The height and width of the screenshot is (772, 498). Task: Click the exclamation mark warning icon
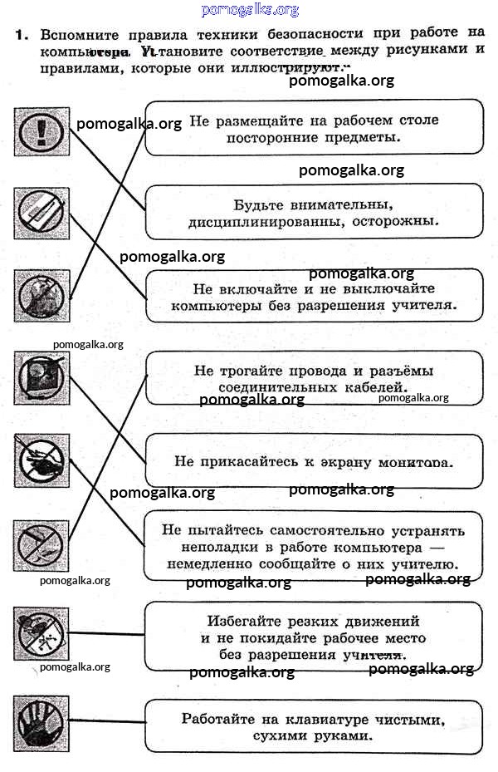pyautogui.click(x=39, y=130)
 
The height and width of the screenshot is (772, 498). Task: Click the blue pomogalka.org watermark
pyautogui.click(x=250, y=10)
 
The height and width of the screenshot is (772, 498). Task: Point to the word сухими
pyautogui.click(x=256, y=735)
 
